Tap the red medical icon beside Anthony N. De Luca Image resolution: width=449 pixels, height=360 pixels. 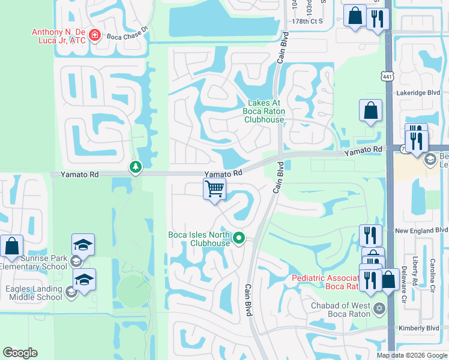94,36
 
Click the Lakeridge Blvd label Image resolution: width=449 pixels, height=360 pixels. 418,93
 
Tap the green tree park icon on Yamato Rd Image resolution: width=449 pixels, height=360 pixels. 136,167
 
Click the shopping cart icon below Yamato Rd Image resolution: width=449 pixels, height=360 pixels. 214,189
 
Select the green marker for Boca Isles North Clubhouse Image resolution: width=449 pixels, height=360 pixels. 239,239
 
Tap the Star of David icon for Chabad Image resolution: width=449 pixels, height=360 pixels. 378,309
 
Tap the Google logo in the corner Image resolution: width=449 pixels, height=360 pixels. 20,353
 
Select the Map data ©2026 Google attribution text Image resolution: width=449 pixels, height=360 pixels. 412,355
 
